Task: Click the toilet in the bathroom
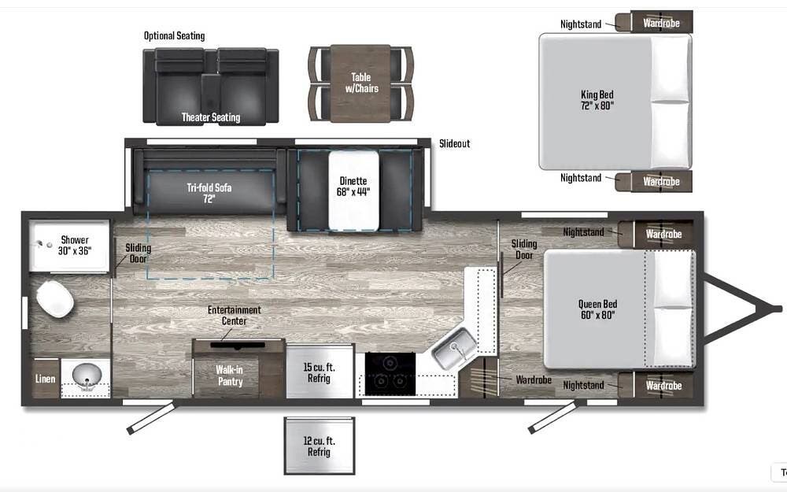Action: click(55, 299)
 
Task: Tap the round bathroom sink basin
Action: click(87, 375)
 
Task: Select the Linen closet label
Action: click(45, 379)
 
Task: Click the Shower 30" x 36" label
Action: click(75, 246)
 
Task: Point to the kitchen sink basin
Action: click(455, 348)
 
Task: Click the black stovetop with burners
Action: click(390, 374)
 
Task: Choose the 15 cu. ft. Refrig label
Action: click(319, 372)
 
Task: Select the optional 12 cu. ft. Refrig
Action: click(320, 446)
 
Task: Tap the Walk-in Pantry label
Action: click(230, 375)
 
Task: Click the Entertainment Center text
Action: click(235, 316)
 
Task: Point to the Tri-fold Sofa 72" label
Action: click(209, 193)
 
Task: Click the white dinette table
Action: click(353, 191)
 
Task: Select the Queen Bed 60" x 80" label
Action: click(597, 309)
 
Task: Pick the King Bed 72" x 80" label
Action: click(597, 100)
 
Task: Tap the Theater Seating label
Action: click(211, 117)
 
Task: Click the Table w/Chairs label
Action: click(361, 83)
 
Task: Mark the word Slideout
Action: click(455, 143)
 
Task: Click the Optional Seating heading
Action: click(174, 35)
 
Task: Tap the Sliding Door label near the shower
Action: click(138, 253)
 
